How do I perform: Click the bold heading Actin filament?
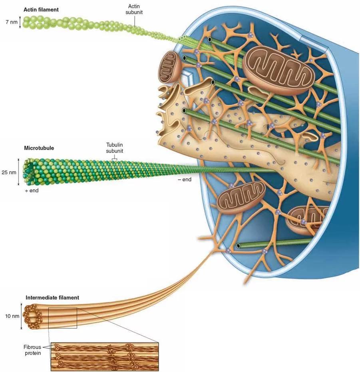tap(41, 9)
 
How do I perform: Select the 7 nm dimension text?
tap(11, 22)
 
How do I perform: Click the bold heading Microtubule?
tap(39, 148)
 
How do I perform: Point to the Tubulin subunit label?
tap(114, 148)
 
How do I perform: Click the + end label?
tap(32, 191)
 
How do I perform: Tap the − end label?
tap(185, 180)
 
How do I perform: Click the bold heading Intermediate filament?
tap(52, 298)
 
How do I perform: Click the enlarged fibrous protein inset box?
tap(105, 356)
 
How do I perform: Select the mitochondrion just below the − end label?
tap(241, 197)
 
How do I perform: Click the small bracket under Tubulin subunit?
tap(114, 158)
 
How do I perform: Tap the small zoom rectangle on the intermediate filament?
tap(62, 318)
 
